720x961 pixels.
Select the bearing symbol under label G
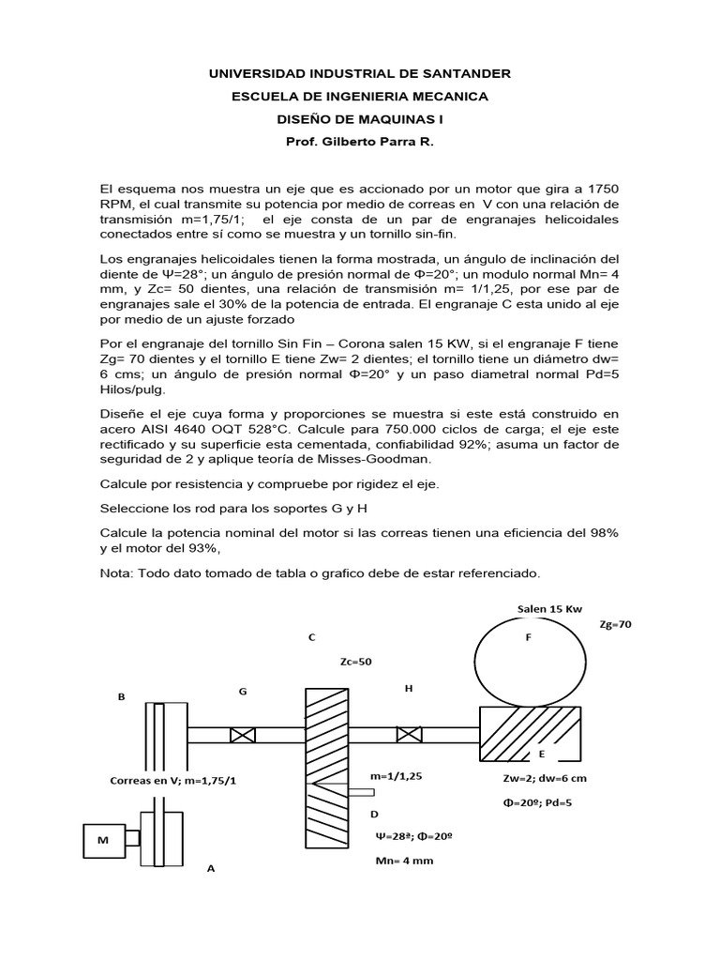pos(243,735)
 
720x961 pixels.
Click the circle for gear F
pos(528,662)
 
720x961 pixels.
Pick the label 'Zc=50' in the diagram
pos(356,662)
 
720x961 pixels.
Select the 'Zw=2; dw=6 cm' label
pos(533,779)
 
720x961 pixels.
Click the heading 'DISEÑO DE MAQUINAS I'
pos(360,119)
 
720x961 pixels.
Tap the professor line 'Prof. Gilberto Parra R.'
pos(360,143)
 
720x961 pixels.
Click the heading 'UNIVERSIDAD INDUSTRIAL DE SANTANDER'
pos(360,73)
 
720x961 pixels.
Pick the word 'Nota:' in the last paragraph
pos(118,572)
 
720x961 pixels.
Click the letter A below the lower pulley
pos(211,869)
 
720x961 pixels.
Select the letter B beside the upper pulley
pos(121,697)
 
